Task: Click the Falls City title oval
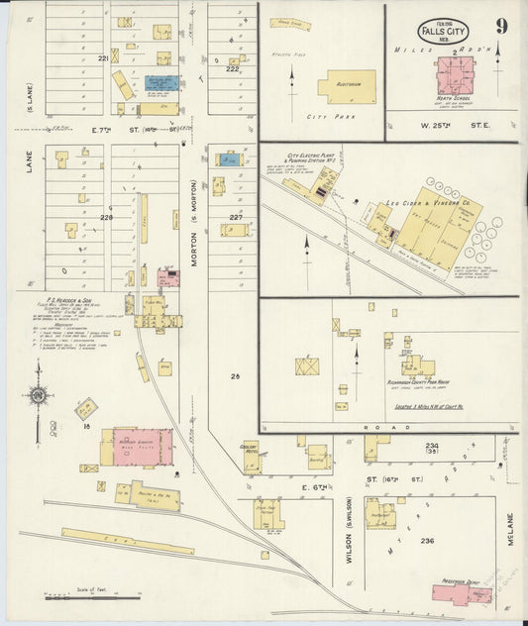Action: (x=443, y=30)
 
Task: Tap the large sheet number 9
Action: (x=502, y=27)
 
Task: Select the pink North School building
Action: (x=457, y=75)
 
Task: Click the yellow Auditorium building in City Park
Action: (x=347, y=86)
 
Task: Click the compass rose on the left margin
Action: (x=39, y=396)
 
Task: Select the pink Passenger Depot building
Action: (x=462, y=592)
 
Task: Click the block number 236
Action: (x=428, y=541)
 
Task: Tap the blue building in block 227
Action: (x=230, y=158)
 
